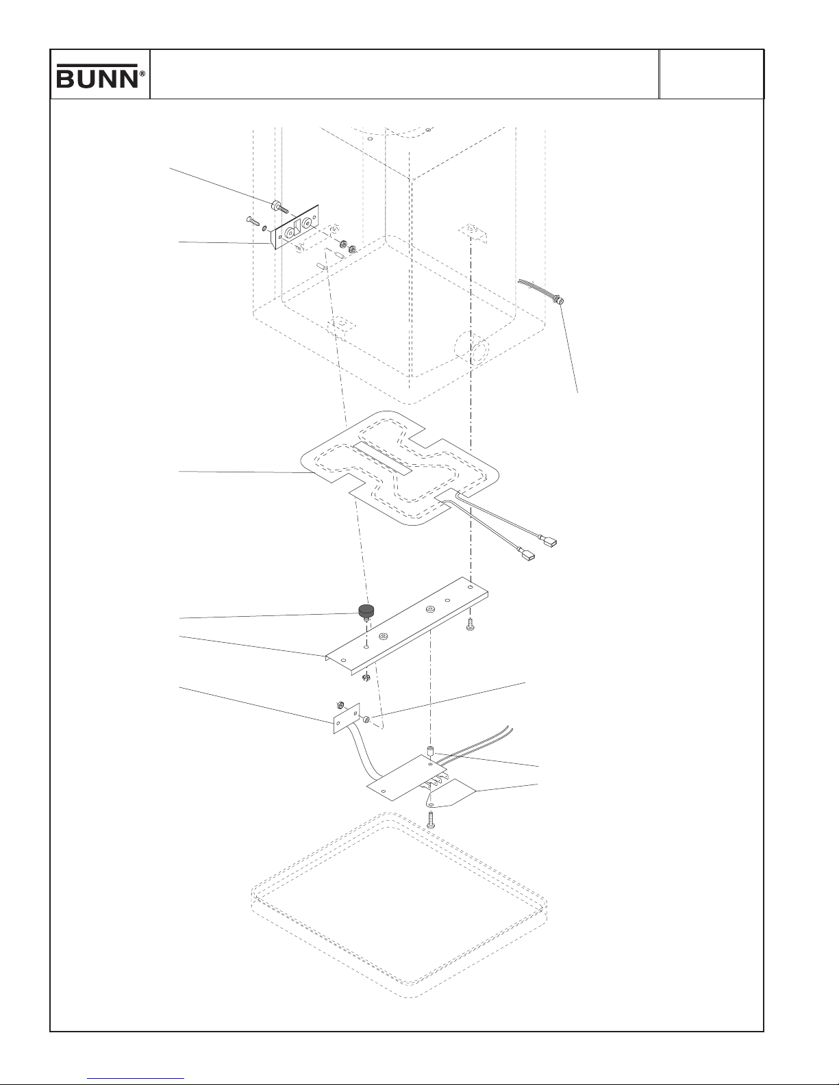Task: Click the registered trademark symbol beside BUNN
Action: [x=142, y=73]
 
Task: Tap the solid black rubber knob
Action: [x=367, y=610]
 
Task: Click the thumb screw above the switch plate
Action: [x=279, y=206]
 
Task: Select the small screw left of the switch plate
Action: [x=253, y=220]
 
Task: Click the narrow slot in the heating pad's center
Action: [x=381, y=459]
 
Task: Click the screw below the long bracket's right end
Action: [x=470, y=624]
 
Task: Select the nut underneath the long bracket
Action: [x=366, y=678]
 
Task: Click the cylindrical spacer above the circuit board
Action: [x=431, y=750]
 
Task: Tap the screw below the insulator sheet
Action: [x=431, y=820]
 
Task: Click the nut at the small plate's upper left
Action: [x=339, y=705]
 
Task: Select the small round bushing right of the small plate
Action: [x=366, y=719]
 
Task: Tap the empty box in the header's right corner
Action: [x=712, y=74]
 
